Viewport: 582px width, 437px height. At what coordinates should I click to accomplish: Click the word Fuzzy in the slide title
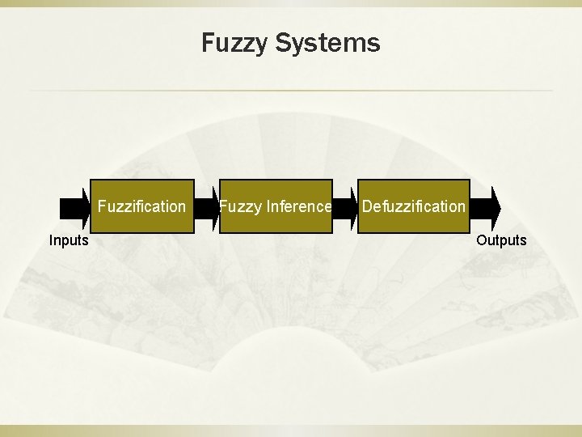(x=235, y=43)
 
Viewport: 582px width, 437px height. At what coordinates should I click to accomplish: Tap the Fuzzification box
(x=141, y=206)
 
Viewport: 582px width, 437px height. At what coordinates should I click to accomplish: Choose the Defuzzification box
(x=413, y=206)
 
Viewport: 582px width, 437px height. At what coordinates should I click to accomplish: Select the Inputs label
(x=70, y=240)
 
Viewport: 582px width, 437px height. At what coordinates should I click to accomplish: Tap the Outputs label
(x=501, y=240)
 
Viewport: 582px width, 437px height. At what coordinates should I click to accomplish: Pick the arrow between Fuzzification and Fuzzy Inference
(x=207, y=206)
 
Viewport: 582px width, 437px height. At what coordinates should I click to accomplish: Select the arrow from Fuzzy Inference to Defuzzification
(x=345, y=206)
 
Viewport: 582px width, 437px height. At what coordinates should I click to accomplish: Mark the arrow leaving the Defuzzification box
(x=485, y=206)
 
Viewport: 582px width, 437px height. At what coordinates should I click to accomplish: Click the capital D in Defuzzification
(x=367, y=206)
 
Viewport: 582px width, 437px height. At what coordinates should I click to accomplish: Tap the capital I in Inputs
(x=51, y=240)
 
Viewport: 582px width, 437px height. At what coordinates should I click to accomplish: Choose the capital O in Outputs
(x=482, y=240)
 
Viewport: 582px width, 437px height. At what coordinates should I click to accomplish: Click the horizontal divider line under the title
(x=291, y=90)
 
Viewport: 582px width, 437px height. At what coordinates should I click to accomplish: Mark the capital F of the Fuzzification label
(x=102, y=206)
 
